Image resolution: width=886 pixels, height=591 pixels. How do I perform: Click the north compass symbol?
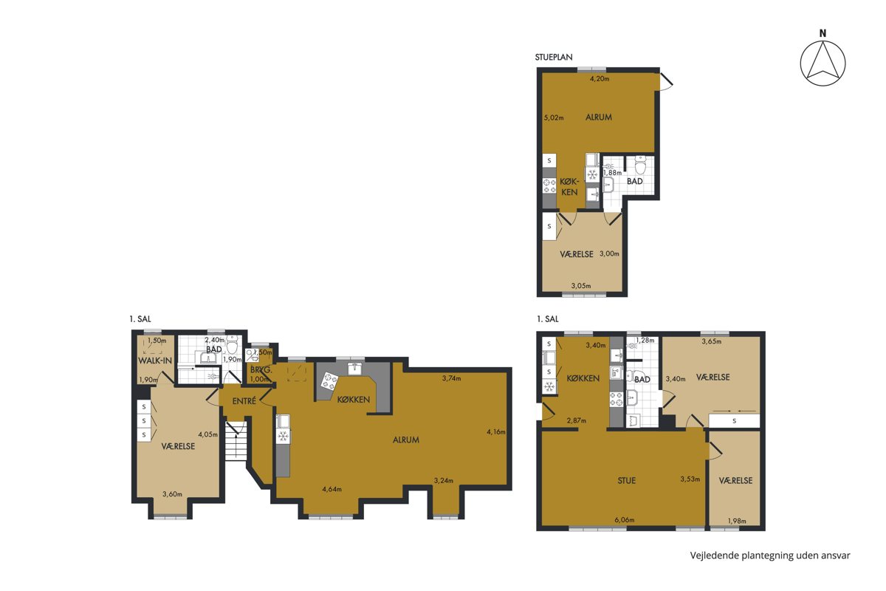tap(823, 63)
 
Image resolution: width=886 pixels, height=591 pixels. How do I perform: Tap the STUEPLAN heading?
tap(553, 57)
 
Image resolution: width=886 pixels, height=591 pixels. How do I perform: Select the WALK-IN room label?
tap(155, 361)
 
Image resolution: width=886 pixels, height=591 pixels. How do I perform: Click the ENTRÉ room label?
tap(244, 401)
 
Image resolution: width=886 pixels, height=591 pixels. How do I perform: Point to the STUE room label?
tap(627, 481)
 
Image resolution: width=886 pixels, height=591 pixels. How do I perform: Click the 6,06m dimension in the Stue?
tap(625, 520)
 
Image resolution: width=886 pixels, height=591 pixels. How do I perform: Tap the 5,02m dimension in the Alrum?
tap(554, 117)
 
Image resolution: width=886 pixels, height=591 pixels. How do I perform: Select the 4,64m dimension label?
tap(332, 489)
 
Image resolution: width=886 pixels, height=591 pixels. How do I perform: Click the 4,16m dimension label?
tap(496, 432)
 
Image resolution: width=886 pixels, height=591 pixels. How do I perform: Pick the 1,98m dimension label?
tap(737, 521)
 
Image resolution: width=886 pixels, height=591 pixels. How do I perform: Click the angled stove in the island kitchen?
tap(329, 380)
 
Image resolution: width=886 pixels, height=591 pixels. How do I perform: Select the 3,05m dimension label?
tap(581, 285)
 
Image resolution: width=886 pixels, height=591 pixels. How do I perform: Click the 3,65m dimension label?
tap(712, 341)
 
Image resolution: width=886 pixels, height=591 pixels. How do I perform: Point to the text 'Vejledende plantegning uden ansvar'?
tap(770, 556)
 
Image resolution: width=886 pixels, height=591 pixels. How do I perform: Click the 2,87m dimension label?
tap(577, 420)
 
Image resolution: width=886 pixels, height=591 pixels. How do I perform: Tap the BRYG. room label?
tap(261, 371)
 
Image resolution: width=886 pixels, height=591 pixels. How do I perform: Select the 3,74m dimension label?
tap(451, 378)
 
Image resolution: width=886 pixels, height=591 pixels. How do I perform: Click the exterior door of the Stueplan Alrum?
tap(665, 81)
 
